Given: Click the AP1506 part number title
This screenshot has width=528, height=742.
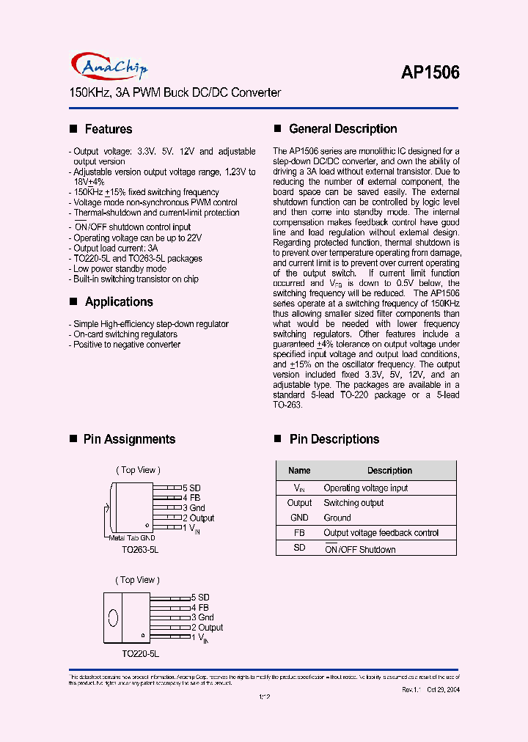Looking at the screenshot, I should pos(430,72).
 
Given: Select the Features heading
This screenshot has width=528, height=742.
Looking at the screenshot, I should pos(109,129).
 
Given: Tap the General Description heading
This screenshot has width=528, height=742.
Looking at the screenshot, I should pos(342,129).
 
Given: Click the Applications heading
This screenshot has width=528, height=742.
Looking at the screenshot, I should pos(119,301).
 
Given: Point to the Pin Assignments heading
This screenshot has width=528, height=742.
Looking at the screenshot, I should pos(129,439).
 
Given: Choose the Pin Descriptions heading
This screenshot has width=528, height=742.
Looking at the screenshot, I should pos(334,439).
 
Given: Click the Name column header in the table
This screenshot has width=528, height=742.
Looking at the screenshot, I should pos(299,471).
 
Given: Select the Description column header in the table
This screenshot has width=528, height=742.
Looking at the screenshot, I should pos(389,471).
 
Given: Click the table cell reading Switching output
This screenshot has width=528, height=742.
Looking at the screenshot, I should pos(353,503).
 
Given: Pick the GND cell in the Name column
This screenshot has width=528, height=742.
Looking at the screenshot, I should pos(299,518).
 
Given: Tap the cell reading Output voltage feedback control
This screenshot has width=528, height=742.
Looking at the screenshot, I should pos(381,533).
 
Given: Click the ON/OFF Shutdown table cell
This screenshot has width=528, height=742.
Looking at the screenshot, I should pos(359,549).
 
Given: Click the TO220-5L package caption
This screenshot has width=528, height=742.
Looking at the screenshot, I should pos(140,652).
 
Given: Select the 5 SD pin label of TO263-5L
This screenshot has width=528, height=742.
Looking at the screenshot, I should pos(191,488).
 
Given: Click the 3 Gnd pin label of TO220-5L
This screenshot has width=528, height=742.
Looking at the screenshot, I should pos(202,617).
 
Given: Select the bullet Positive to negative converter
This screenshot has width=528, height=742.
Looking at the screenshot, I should pos(127,345).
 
